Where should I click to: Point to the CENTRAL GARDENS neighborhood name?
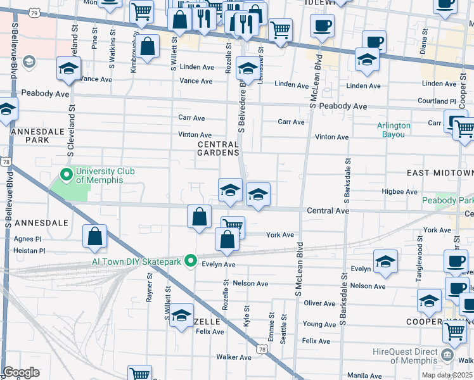click(218, 148)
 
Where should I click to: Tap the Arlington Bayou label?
click(394, 129)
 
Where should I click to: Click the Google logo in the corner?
click(21, 372)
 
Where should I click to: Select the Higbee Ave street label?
click(399, 191)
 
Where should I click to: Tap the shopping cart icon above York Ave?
click(233, 225)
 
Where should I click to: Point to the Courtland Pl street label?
click(437, 101)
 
